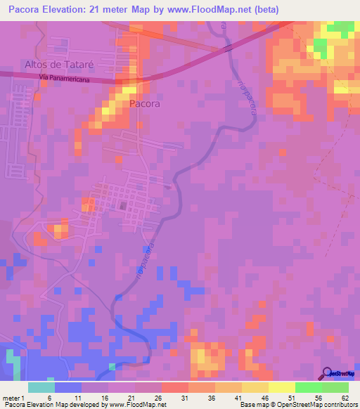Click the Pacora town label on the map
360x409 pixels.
(x=144, y=103)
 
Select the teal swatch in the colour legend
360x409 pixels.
(x=41, y=387)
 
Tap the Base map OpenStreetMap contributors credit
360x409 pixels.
(x=297, y=405)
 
